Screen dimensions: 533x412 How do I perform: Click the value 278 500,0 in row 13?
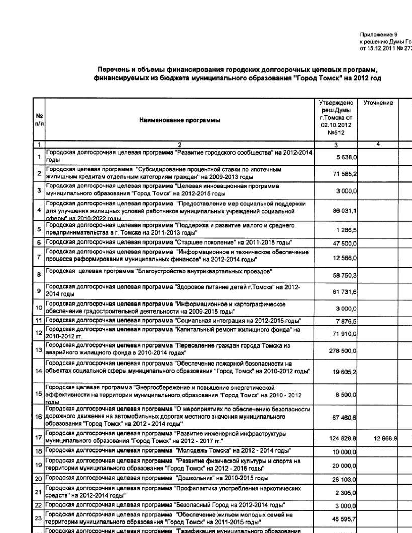tap(343, 351)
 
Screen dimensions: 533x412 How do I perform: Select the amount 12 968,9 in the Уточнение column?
tap(385, 438)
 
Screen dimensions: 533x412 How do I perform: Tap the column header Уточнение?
tap(378, 103)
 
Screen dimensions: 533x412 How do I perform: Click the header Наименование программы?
tap(180, 120)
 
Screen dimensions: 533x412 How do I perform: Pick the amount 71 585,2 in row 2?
tap(345, 174)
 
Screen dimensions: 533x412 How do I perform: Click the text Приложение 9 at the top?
tap(379, 35)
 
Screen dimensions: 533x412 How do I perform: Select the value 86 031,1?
tap(345, 211)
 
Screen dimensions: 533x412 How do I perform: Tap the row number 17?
tap(38, 438)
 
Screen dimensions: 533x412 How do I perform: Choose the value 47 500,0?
tap(345, 243)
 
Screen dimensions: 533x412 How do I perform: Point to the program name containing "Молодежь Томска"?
tap(168, 451)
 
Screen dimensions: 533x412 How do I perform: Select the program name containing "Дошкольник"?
tap(157, 478)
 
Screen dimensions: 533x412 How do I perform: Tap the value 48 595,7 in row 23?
tap(345, 519)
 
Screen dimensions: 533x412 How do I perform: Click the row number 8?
tap(39, 275)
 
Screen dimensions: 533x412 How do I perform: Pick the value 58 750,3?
tap(345, 276)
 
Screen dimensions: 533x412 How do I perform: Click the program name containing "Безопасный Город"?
tap(165, 505)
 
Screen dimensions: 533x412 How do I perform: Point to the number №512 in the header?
tap(336, 133)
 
